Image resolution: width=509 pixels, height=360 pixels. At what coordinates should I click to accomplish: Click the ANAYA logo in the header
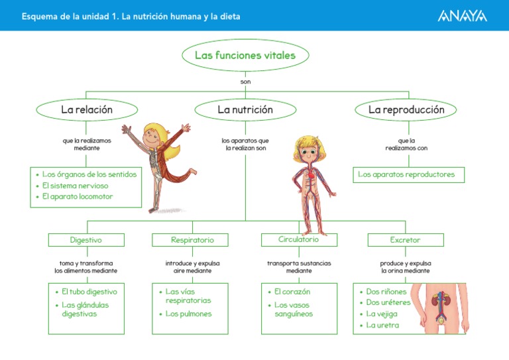tap(461, 15)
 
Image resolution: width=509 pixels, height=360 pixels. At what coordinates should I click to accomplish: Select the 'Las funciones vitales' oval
tap(245, 56)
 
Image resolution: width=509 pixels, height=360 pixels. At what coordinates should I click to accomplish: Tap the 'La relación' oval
tap(87, 109)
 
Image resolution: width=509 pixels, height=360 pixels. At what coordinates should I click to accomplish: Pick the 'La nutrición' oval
tap(245, 109)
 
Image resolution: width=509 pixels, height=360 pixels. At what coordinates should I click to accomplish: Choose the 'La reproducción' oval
tap(406, 109)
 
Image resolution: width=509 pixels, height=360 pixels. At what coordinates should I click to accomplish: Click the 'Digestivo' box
tap(86, 239)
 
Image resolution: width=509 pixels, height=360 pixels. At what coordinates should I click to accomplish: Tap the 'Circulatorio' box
tap(299, 239)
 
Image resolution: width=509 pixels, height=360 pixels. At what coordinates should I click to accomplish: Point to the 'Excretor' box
tap(405, 239)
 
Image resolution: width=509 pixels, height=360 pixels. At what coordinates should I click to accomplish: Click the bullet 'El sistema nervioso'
tap(78, 186)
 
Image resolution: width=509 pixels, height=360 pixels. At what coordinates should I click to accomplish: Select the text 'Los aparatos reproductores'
tap(406, 174)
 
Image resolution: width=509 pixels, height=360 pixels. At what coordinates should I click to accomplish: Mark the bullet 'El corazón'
tap(292, 292)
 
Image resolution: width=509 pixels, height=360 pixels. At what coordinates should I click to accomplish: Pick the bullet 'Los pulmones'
tap(189, 314)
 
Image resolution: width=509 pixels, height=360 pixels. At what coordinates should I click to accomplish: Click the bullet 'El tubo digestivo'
tap(89, 292)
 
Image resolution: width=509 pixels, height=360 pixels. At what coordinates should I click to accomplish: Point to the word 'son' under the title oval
tap(245, 82)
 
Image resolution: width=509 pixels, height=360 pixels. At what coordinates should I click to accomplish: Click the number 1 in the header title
tap(115, 15)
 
